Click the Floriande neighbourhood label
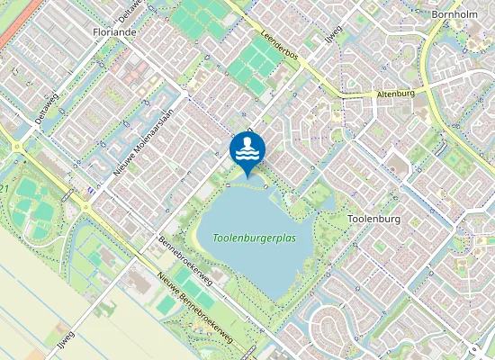[113, 31]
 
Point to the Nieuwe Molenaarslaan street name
[141, 136]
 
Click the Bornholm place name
[454, 15]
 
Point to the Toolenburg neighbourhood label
[373, 219]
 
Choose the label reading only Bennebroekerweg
[185, 262]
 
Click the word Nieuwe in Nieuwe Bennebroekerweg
[166, 284]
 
